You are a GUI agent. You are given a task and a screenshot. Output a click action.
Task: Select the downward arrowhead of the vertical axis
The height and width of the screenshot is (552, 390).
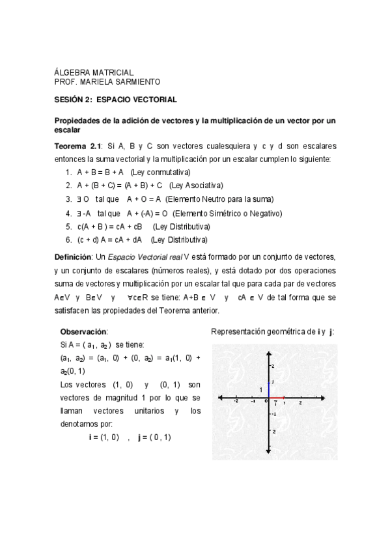(x=268, y=452)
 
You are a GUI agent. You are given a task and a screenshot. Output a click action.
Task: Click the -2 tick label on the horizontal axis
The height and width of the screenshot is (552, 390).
(x=236, y=402)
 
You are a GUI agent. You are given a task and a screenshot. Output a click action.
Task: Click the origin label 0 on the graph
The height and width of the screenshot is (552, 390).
(x=266, y=402)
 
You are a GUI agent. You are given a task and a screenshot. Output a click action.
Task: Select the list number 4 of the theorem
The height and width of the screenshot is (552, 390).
(x=68, y=213)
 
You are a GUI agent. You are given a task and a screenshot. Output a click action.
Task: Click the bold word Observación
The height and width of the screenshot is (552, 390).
(x=84, y=331)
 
